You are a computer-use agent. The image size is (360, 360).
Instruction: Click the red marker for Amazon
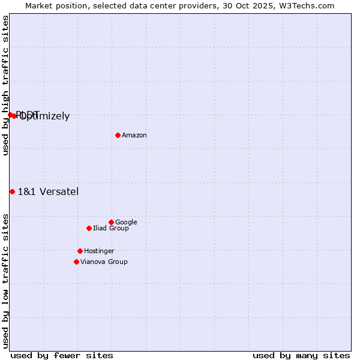pyautogui.click(x=118, y=135)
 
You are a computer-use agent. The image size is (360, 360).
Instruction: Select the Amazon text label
pyautogui.click(x=134, y=136)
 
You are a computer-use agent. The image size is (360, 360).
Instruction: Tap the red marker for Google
pyautogui.click(x=111, y=222)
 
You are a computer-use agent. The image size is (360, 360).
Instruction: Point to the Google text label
pyautogui.click(x=126, y=223)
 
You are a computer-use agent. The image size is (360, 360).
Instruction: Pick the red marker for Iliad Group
pyautogui.click(x=89, y=228)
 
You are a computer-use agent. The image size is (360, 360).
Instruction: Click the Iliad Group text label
pyautogui.click(x=111, y=229)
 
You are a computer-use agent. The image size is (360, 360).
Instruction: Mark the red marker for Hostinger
pyautogui.click(x=80, y=251)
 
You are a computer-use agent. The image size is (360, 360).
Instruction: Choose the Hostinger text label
pyautogui.click(x=99, y=251)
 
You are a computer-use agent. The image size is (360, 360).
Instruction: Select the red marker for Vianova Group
pyautogui.click(x=76, y=262)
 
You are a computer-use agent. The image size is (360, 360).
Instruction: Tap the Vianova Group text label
pyautogui.click(x=104, y=262)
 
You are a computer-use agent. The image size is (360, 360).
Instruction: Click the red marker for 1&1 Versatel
pyautogui.click(x=12, y=191)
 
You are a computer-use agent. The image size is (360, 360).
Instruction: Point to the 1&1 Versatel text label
pyautogui.click(x=48, y=192)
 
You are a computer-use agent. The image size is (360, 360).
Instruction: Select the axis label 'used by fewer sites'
pyautogui.click(x=62, y=355)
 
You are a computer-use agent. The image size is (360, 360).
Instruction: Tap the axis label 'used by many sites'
pyautogui.click(x=301, y=355)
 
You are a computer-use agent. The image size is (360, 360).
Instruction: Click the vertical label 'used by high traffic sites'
pyautogui.click(x=5, y=85)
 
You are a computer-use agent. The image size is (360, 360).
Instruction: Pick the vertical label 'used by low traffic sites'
pyautogui.click(x=5, y=280)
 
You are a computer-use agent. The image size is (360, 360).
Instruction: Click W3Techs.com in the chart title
pyautogui.click(x=304, y=5)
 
